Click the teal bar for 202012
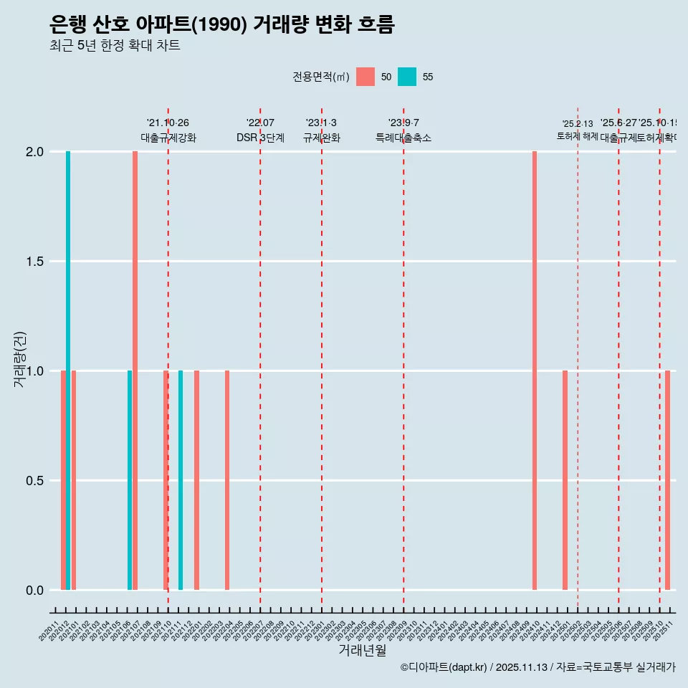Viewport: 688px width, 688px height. click(x=68, y=371)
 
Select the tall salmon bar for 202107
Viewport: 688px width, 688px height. click(x=135, y=371)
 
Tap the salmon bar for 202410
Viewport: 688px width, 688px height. click(x=535, y=371)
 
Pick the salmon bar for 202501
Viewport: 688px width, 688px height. click(x=565, y=480)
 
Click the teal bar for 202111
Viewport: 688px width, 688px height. click(x=181, y=480)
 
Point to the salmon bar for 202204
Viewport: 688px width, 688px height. click(x=227, y=480)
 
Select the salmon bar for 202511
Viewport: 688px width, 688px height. click(x=667, y=480)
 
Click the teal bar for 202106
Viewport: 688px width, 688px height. click(x=130, y=480)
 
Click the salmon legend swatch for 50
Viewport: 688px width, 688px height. click(x=365, y=77)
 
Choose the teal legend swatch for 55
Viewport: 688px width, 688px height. click(x=407, y=77)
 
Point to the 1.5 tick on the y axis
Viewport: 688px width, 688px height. click(x=35, y=262)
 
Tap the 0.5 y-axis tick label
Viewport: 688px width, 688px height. click(x=35, y=481)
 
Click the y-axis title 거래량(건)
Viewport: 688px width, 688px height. click(x=20, y=360)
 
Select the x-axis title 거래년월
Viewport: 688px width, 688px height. click(x=362, y=651)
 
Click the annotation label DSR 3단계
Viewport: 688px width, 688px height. click(x=260, y=138)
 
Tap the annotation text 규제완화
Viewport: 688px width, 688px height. click(x=321, y=138)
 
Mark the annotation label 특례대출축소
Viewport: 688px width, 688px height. click(x=403, y=138)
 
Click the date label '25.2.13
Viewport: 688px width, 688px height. click(x=577, y=124)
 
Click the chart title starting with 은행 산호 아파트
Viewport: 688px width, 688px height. click(x=222, y=25)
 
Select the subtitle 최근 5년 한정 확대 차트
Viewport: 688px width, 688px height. click(x=115, y=46)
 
